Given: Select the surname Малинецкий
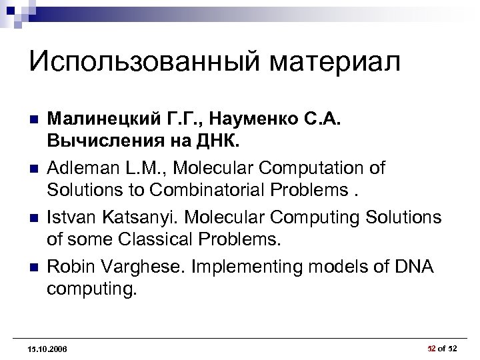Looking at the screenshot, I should (x=101, y=121).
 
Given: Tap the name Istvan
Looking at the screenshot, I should (x=69, y=217).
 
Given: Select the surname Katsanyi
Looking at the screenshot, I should (x=134, y=217).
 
